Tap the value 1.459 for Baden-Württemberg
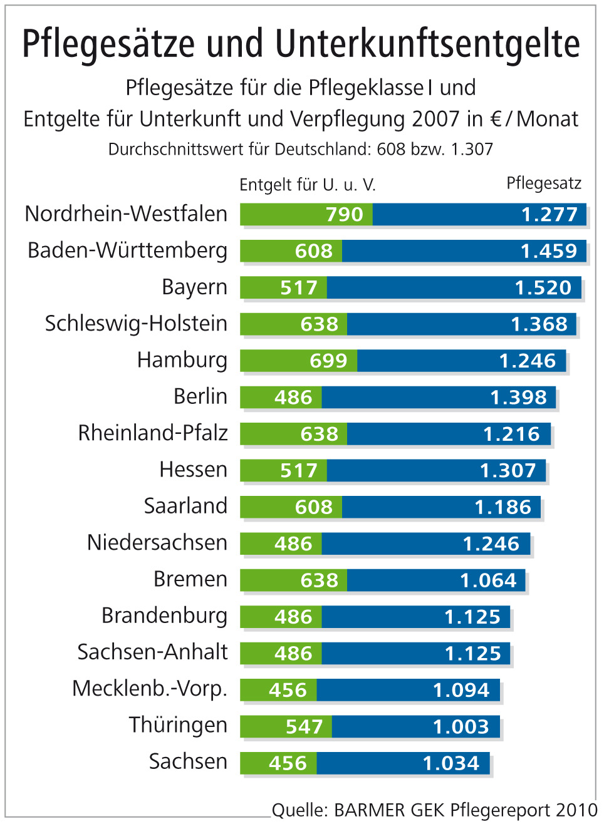click(548, 251)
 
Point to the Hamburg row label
click(182, 360)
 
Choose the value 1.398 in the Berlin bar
click(518, 398)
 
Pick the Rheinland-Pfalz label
click(153, 433)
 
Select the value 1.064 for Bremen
click(488, 580)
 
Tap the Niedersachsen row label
click(157, 543)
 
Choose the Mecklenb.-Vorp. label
click(150, 689)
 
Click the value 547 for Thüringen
click(304, 727)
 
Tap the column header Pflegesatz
click(544, 183)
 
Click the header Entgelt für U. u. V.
click(308, 185)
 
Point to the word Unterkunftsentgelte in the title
click(427, 44)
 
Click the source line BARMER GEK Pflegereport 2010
click(435, 810)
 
